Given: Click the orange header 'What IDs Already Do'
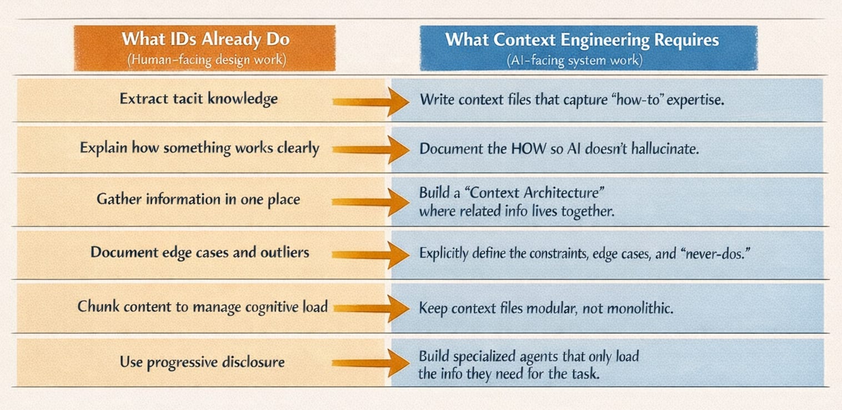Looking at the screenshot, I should click(205, 39).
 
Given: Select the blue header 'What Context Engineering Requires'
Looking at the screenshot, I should click(582, 39).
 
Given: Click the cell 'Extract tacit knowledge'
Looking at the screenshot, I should click(198, 99).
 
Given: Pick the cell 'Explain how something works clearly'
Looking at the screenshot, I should click(199, 149).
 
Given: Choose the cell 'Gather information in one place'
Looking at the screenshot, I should click(198, 199).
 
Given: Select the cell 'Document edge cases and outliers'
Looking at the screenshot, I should click(199, 252).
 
